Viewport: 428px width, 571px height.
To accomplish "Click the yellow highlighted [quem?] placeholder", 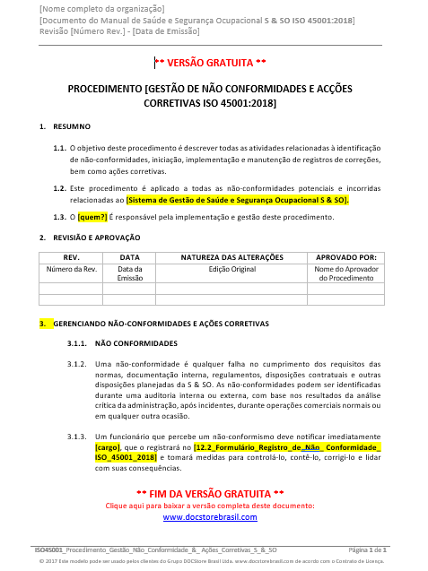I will (93, 217).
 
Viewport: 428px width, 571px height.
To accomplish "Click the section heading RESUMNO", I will (72, 127).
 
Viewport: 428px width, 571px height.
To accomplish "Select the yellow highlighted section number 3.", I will (41, 323).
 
